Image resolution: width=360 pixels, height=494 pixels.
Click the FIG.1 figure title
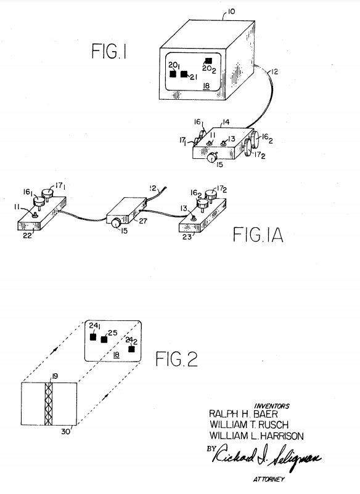click(x=109, y=51)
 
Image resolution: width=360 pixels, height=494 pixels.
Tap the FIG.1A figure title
click(x=258, y=235)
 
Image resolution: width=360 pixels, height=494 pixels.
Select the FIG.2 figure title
click(x=176, y=359)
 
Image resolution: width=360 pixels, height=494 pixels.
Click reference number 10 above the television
click(x=231, y=12)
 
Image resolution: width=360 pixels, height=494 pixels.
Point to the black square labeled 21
click(x=184, y=74)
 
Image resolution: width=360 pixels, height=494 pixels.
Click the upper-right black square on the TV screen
click(x=208, y=61)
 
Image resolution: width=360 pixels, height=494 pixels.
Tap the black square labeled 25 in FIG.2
click(x=104, y=339)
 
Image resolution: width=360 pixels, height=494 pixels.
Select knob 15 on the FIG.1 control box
click(x=212, y=156)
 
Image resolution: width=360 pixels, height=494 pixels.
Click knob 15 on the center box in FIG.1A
click(x=116, y=222)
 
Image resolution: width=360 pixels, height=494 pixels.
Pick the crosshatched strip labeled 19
click(x=49, y=404)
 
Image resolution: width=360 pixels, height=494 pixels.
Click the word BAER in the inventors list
click(x=266, y=414)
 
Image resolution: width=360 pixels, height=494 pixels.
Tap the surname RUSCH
click(x=273, y=424)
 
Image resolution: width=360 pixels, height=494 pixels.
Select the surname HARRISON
click(x=280, y=436)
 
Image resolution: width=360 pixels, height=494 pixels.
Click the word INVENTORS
click(x=272, y=406)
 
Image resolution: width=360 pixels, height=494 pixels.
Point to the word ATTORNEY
click(x=269, y=479)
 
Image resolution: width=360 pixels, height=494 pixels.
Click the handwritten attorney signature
click(x=266, y=456)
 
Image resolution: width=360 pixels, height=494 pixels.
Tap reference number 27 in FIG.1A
click(x=143, y=221)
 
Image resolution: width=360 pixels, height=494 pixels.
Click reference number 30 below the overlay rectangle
click(x=65, y=431)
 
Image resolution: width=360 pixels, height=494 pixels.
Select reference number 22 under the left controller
click(x=27, y=235)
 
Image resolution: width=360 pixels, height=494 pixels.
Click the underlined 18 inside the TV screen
click(x=207, y=86)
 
